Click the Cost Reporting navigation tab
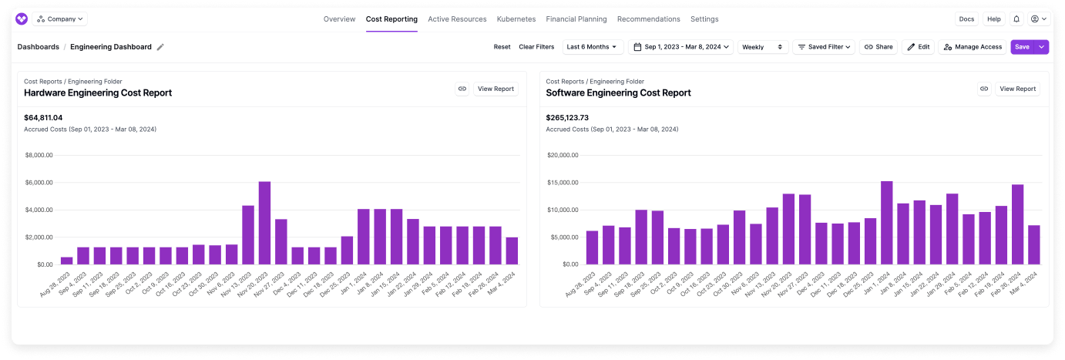[391, 19]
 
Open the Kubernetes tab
[516, 19]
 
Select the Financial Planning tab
[576, 19]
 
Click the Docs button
[966, 19]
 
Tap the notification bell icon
[1016, 19]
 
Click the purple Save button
[1022, 47]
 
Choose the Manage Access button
[973, 47]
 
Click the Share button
[879, 47]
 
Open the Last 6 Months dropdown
[593, 47]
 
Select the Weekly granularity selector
[763, 47]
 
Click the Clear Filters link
[536, 47]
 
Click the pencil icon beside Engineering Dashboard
[160, 47]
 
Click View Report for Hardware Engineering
[496, 89]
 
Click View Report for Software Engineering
[1017, 89]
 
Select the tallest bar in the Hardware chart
[264, 223]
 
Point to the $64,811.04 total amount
[43, 118]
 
